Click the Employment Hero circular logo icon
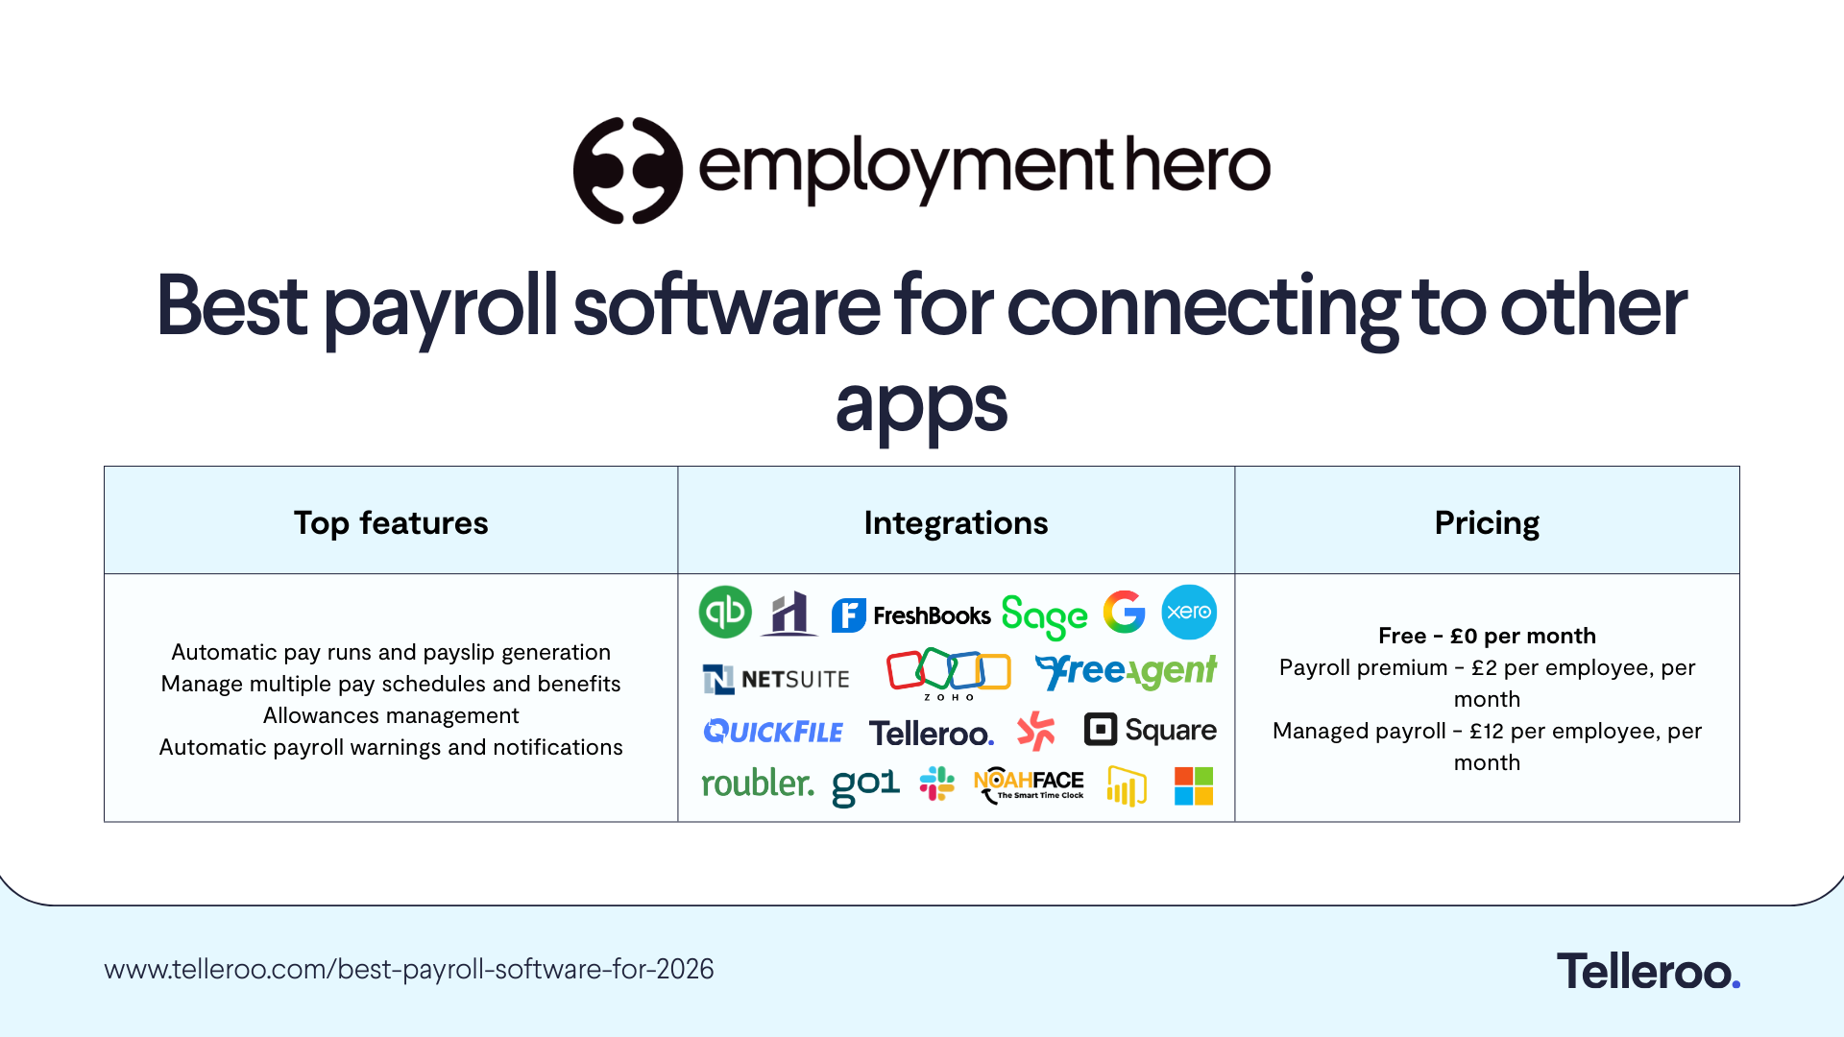point(627,170)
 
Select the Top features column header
point(391,522)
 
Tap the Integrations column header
point(956,522)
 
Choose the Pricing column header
point(1487,522)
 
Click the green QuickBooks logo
point(725,612)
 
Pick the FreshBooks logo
point(910,615)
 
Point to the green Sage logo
point(1044,615)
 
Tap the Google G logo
point(1124,612)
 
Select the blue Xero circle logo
point(1189,612)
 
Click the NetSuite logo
point(776,679)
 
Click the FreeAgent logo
point(1126,671)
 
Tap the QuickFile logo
point(773,732)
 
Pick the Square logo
point(1150,730)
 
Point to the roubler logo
point(758,784)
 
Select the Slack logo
point(936,784)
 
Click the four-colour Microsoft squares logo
point(1194,785)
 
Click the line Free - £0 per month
point(1487,636)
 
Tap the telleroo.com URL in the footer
point(409,969)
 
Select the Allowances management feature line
point(391,715)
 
